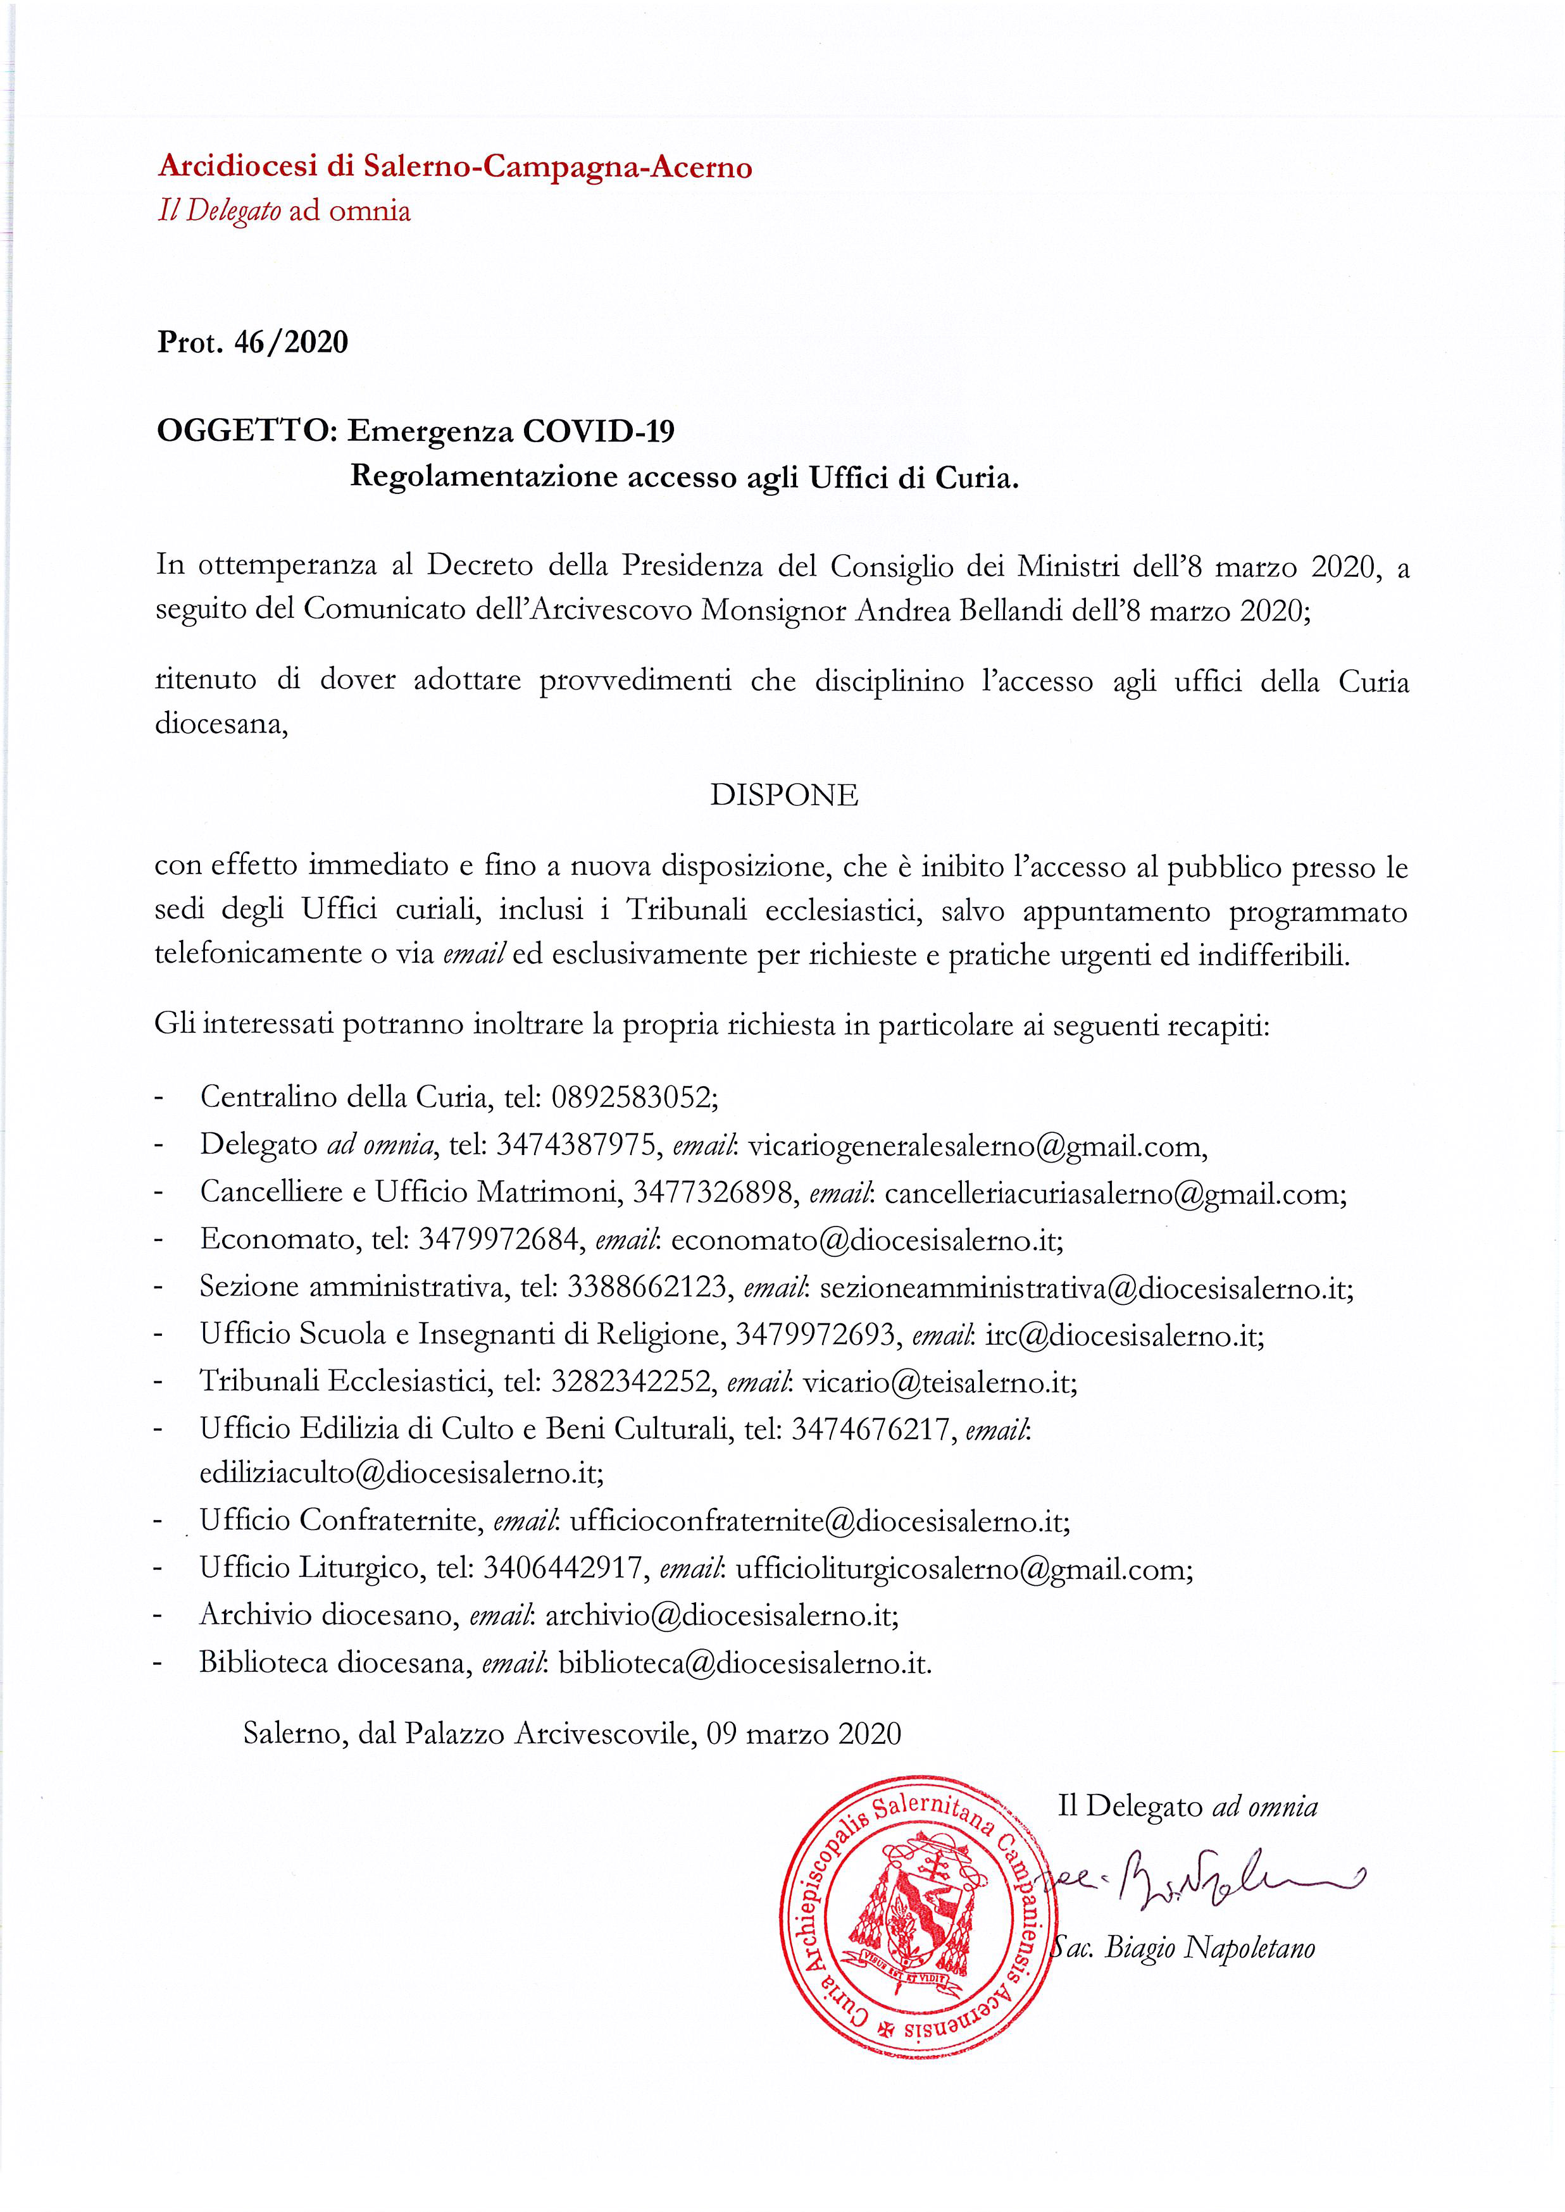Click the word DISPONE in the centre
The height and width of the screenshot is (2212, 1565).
[x=783, y=795]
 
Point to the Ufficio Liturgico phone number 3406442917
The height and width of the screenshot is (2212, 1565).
[x=563, y=1567]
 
